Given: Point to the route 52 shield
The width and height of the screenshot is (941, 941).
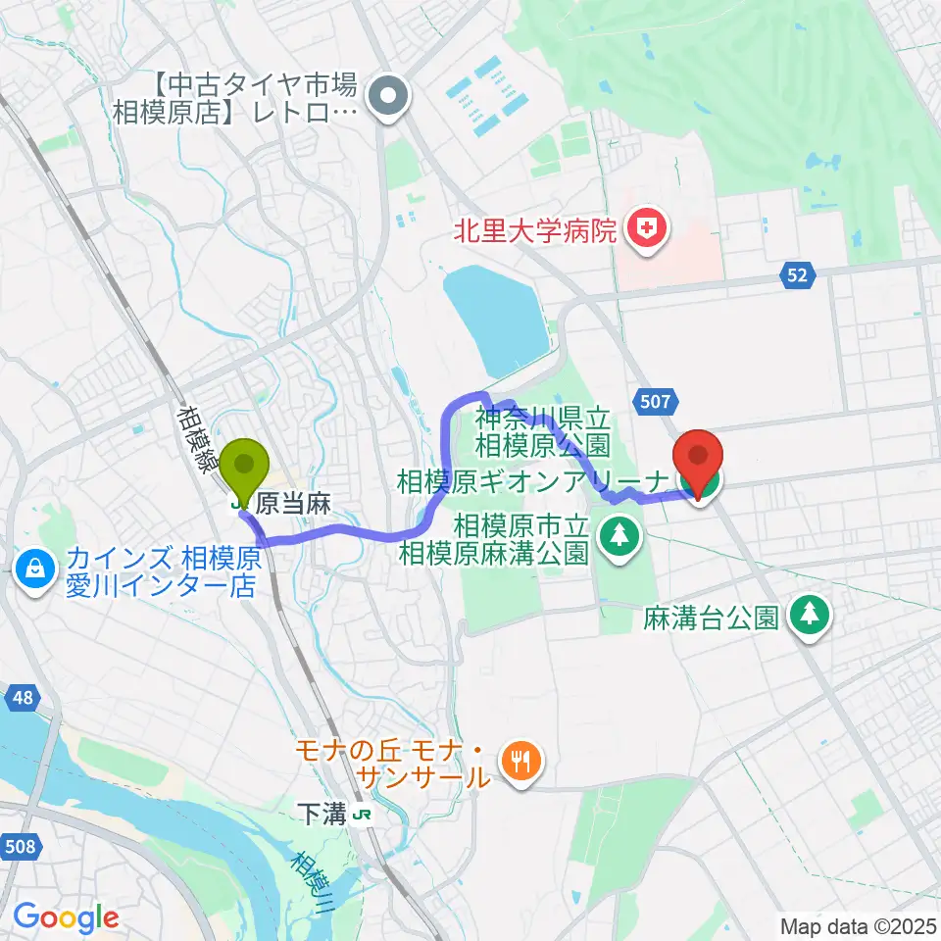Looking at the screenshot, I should point(799,276).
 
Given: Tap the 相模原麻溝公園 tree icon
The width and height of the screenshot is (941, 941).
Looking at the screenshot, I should point(619,535).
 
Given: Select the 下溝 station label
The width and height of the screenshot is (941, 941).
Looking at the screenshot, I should point(322,814).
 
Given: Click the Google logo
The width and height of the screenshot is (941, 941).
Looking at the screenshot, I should point(65,916).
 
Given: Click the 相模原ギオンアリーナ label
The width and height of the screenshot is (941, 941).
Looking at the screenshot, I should point(533,481).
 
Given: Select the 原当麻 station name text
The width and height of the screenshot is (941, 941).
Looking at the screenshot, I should point(293,505).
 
